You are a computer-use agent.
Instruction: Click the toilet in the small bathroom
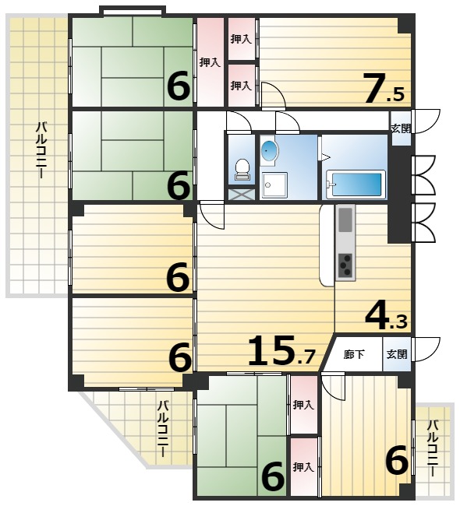coord(242,170)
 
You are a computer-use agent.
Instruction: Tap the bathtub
coord(356,183)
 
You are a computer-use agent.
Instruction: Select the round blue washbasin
coord(269,150)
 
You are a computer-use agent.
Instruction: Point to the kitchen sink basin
coord(345,220)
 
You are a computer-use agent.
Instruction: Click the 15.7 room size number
coord(281,351)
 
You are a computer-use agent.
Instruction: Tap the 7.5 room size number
coord(384,88)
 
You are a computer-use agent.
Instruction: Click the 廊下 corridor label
coord(354,355)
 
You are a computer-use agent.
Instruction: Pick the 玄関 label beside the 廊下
coord(397,354)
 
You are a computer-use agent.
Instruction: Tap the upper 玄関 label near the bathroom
coord(401,128)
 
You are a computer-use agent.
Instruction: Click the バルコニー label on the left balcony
coord(41,149)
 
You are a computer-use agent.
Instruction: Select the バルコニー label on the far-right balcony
coord(433,448)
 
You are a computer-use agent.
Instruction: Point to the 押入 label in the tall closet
coord(211,62)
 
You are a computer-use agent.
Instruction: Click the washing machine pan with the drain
coord(274,185)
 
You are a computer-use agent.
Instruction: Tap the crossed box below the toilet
coord(242,195)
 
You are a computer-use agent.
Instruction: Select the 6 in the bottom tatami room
coord(273,476)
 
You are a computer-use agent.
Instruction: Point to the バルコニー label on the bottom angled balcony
coord(163,429)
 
